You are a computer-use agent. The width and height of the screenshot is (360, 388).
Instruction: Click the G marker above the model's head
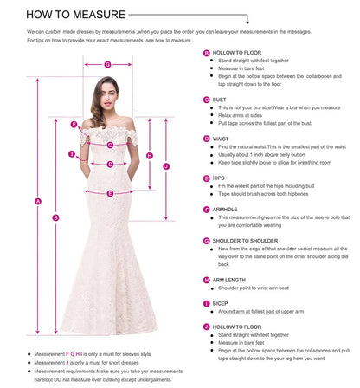coord(106,64)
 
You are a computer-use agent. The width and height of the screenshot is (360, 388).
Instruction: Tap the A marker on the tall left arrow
coord(38,203)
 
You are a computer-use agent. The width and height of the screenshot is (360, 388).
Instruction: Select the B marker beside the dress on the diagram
coord(56,218)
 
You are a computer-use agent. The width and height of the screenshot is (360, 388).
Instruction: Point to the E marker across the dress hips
coord(110,194)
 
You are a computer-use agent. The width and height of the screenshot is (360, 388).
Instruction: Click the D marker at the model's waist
coord(110,164)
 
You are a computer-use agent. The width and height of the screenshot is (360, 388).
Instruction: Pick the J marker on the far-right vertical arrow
coord(166,165)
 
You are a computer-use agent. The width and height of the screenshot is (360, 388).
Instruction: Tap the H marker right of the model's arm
coord(150,156)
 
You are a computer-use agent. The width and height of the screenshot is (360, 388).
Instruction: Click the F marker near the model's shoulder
coord(74,124)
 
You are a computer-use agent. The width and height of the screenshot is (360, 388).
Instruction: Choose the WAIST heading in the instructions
coord(222,139)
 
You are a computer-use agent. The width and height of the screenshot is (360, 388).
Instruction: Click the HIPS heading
coord(220,178)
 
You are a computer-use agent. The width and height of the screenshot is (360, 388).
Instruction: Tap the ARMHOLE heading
coord(227,208)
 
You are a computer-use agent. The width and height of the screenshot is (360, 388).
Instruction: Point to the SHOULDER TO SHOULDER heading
coord(246,240)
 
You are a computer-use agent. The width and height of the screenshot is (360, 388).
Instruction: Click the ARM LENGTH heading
coord(230,280)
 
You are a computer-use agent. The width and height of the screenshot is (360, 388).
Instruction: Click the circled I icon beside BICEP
coord(206,302)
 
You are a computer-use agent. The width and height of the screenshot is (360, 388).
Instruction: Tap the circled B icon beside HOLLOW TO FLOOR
coord(206,53)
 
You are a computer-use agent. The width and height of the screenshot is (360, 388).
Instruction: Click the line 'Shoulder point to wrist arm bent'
coord(259,288)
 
